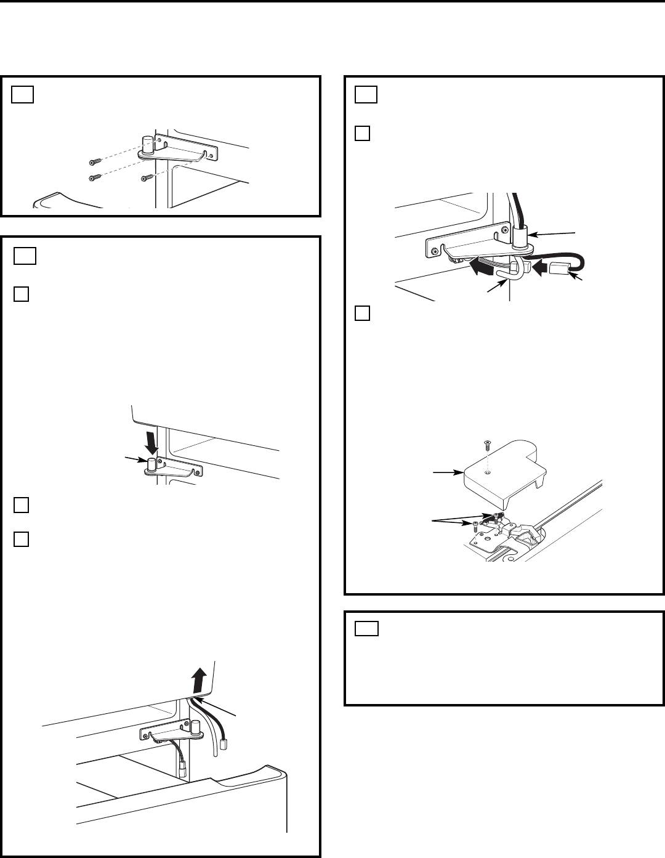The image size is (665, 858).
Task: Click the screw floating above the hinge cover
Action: coord(487,442)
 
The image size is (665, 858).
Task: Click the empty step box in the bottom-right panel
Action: coord(367,629)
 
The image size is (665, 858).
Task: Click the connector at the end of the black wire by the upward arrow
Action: coord(224,743)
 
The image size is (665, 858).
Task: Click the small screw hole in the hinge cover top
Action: coord(487,473)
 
